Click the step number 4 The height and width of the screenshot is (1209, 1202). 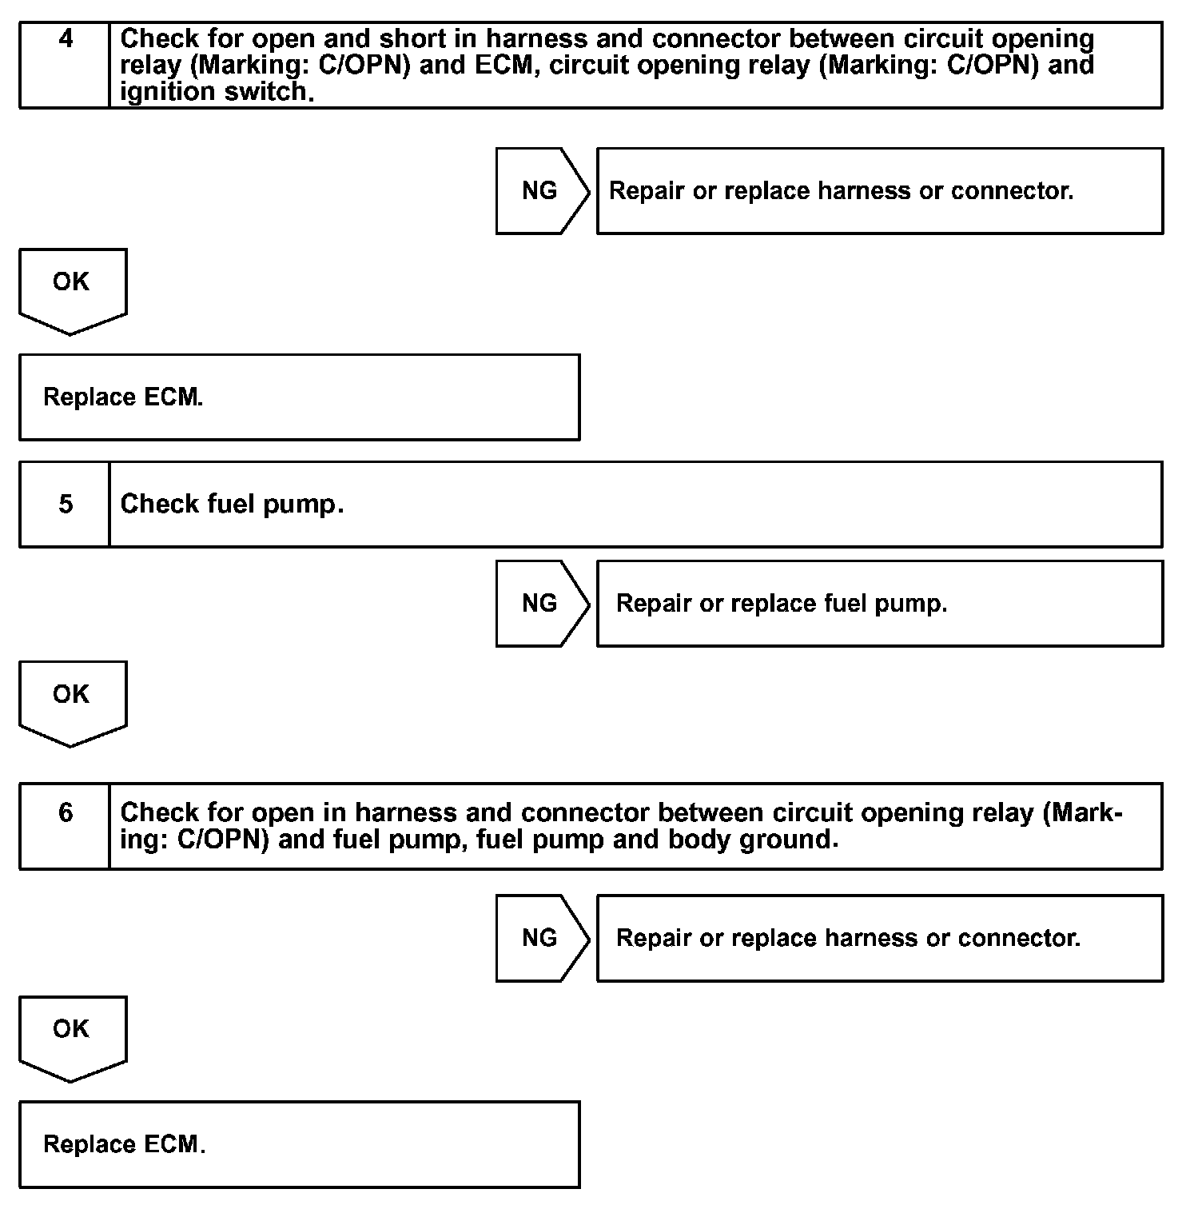click(66, 38)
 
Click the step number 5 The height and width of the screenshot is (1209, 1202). click(66, 504)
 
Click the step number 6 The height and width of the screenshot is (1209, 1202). click(66, 813)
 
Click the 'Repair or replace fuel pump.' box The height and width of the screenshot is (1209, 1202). click(879, 604)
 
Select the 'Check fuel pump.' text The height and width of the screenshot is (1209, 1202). click(232, 505)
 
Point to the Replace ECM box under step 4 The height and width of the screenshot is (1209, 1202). click(299, 397)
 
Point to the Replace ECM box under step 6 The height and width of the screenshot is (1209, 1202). click(299, 1144)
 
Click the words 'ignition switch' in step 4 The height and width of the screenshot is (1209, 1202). click(213, 92)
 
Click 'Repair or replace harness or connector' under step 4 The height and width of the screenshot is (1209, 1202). click(841, 191)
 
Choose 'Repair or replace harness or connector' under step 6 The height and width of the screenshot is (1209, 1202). click(848, 938)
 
